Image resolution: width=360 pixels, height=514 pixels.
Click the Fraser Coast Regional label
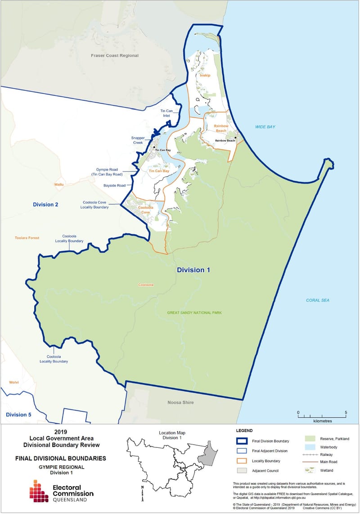coord(115,56)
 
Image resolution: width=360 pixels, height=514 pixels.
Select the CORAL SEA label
coord(318,300)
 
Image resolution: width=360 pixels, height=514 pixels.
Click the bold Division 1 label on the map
coord(193,270)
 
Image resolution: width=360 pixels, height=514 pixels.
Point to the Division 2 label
coord(45,205)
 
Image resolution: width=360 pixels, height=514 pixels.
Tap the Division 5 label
coord(18,415)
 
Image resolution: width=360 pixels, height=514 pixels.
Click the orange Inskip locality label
coord(205,76)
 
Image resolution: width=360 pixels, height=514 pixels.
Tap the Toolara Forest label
coord(27,238)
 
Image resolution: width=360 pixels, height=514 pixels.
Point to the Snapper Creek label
coord(139,140)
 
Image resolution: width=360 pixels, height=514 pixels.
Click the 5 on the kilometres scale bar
coord(346,412)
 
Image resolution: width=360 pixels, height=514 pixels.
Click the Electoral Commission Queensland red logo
coord(39,491)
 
